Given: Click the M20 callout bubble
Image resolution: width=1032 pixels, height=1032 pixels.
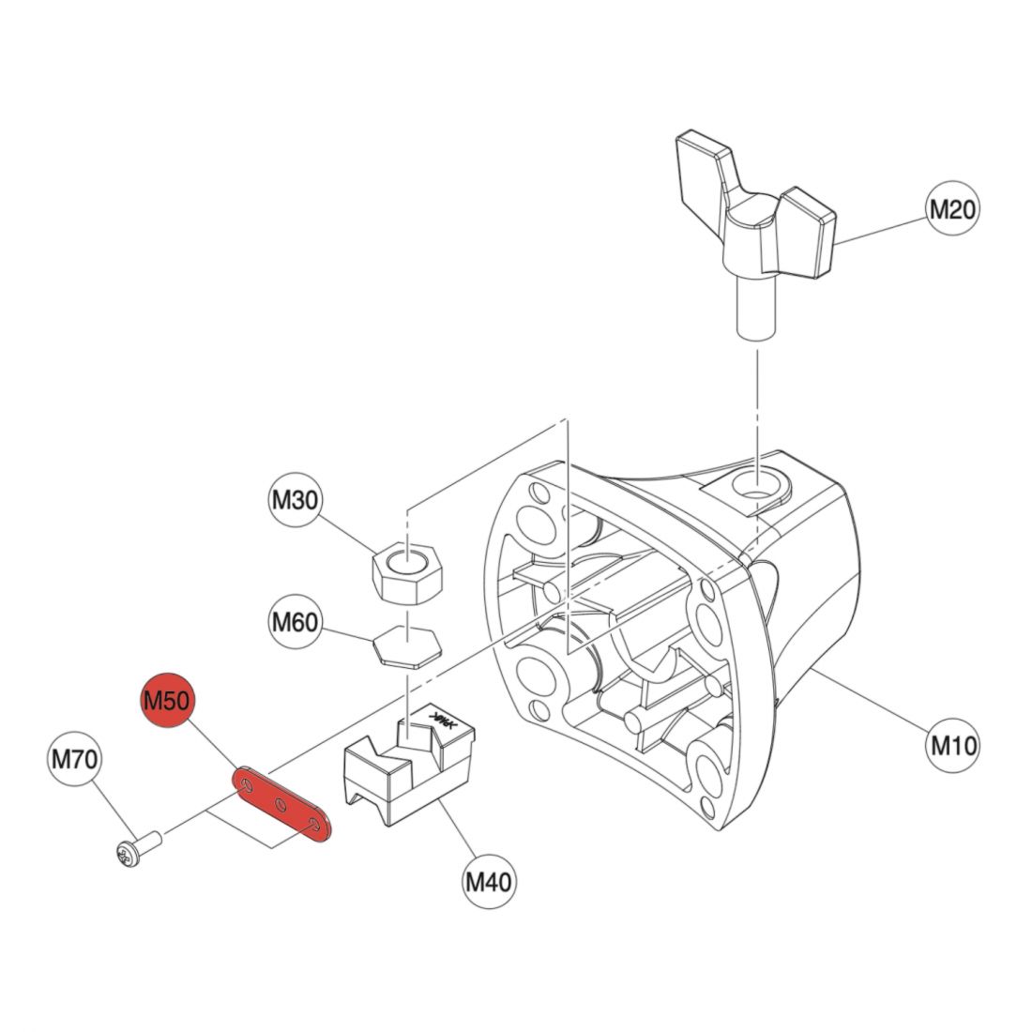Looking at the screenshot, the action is click(x=952, y=208).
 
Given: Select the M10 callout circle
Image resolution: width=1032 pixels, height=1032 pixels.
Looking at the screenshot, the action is click(x=952, y=746).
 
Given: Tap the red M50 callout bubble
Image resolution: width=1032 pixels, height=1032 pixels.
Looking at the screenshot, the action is click(x=167, y=700).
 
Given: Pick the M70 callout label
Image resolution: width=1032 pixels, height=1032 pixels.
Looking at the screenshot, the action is click(x=75, y=759).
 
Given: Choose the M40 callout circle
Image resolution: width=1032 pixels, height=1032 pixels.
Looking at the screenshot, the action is click(x=489, y=881).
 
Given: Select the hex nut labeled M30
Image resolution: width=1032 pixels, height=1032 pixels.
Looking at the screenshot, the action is click(x=407, y=572).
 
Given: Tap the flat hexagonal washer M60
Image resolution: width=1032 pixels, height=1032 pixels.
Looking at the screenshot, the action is click(x=407, y=647).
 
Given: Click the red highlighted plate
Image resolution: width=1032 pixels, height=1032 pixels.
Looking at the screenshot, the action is click(x=282, y=804).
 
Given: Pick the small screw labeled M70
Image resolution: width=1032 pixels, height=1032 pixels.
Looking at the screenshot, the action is click(x=138, y=848).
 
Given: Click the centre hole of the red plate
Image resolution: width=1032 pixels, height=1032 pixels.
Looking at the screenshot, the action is click(x=281, y=803).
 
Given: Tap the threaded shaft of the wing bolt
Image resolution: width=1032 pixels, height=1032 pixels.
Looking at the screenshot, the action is click(x=754, y=306).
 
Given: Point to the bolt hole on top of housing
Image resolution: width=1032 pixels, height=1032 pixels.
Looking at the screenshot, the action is click(x=757, y=486).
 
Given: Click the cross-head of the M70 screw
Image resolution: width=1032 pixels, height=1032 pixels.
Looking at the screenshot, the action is click(x=124, y=856).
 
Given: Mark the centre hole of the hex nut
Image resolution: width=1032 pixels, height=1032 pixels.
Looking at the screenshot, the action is click(x=407, y=563).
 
